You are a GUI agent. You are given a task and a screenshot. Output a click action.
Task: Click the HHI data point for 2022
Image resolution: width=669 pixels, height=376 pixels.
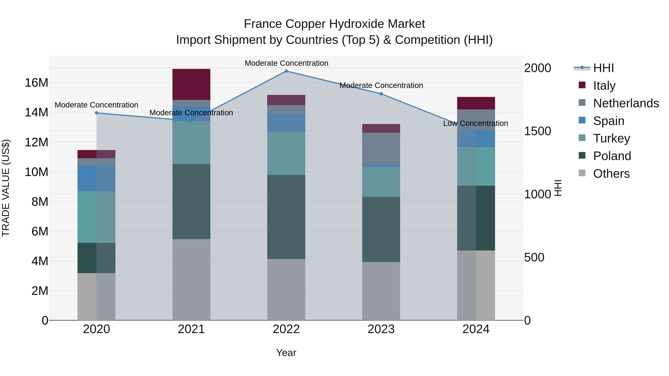pos(286,71)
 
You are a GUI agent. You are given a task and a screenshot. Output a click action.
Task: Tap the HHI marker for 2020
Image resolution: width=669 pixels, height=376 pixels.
pos(96,113)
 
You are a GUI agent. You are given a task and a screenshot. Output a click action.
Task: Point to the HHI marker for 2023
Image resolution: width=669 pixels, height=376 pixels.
pos(381,94)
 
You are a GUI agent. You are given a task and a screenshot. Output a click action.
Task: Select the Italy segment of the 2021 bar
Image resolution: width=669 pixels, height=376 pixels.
pos(191,84)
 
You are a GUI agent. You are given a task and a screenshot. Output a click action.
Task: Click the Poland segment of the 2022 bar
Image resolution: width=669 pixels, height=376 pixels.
pos(286,217)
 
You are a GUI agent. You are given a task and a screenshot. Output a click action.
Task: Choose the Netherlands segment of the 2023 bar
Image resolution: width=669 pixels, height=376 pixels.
pos(381,148)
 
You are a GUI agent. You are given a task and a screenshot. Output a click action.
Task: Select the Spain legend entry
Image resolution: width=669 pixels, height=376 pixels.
pos(608,121)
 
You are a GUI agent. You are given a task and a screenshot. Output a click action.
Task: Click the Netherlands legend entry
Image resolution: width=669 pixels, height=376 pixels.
pos(626,103)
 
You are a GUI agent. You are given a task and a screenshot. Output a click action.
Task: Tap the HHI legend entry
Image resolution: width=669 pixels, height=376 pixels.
pos(603,68)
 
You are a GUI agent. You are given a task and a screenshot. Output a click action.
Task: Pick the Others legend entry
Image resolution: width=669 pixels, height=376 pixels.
pos(611,173)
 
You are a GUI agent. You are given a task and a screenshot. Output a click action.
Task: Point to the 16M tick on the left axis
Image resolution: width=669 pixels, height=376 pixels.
pos(36,83)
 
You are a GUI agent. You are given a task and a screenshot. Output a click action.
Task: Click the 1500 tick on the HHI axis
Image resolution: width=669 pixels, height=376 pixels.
pos(537,131)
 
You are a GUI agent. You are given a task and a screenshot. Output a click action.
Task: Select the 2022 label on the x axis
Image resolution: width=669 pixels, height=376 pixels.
pos(286,329)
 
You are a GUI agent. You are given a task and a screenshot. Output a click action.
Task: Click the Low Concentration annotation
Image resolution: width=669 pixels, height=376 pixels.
pos(476,123)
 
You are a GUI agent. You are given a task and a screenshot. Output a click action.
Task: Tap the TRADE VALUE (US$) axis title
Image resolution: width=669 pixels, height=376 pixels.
pos(6,188)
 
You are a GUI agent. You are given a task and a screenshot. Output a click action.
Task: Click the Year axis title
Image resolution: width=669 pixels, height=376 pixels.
pos(286,353)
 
